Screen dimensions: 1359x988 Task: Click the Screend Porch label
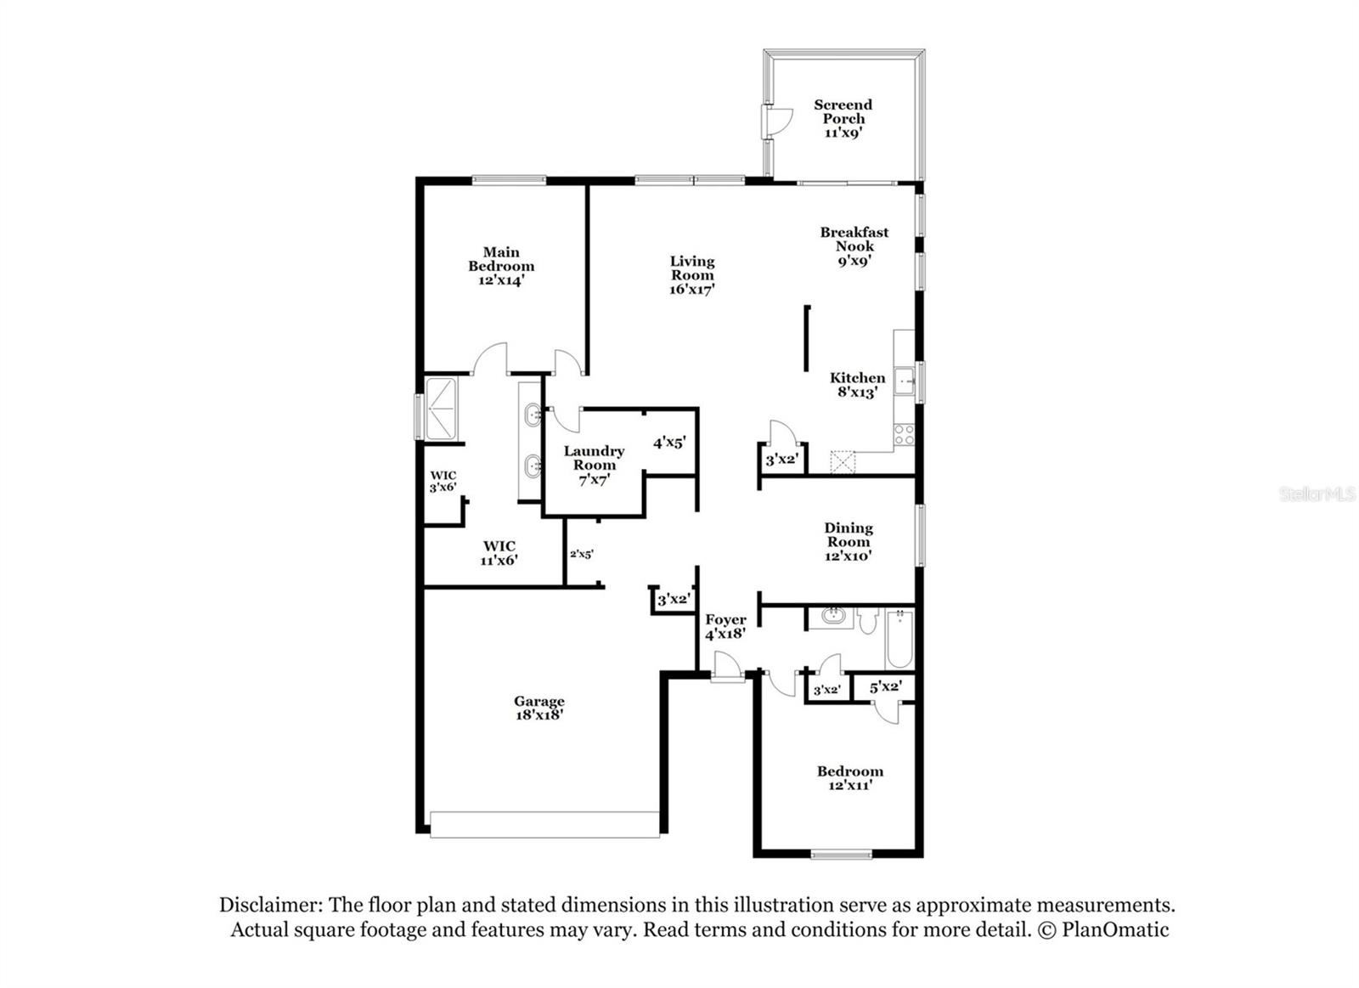coord(843,111)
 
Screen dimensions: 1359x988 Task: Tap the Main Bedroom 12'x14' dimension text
coord(500,281)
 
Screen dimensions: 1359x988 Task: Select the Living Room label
coord(692,268)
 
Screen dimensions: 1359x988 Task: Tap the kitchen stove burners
coord(904,434)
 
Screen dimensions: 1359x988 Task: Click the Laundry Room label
coord(594,458)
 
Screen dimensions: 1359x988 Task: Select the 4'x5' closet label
coord(669,443)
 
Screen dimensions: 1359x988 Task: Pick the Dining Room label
coord(849,534)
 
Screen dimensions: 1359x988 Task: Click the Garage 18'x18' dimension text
coord(539,715)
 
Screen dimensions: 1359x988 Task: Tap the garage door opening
coord(544,825)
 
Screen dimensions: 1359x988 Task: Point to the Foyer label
coord(725,619)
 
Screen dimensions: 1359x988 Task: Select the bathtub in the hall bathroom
coord(899,639)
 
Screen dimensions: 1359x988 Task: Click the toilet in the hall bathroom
coord(868,620)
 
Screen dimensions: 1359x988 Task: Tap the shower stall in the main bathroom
coord(441,409)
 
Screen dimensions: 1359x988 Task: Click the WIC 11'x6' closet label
coord(499,553)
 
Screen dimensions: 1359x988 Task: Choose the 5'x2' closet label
coord(886,687)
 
